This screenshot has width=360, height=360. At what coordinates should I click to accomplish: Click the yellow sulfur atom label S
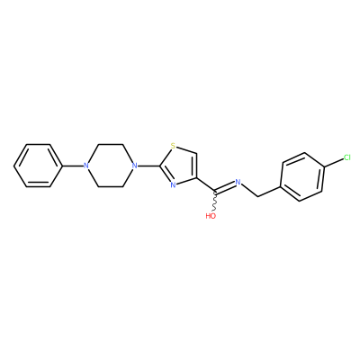pos(173,146)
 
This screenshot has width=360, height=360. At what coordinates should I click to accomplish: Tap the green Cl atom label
pos(347,157)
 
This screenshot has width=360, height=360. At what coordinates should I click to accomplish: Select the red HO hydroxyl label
pos(211,216)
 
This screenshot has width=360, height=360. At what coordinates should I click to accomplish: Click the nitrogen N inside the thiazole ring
pos(173,184)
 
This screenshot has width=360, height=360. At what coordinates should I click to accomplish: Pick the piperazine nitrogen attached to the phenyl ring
pos(86,166)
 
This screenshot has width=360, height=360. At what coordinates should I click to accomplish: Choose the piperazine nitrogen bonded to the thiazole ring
pos(135,166)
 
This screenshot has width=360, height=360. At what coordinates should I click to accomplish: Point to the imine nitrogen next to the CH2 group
pos(238,182)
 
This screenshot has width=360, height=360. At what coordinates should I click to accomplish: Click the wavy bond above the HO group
pos(215,201)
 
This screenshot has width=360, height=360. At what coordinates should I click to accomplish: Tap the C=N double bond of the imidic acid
pos(225,186)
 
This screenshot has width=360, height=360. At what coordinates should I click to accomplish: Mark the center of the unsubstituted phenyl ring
pos(38,166)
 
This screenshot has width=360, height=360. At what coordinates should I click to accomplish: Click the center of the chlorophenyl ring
pos(302,176)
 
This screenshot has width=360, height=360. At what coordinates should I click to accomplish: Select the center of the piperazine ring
pos(111,166)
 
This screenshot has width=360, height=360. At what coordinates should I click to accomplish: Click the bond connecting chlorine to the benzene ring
pos(334,162)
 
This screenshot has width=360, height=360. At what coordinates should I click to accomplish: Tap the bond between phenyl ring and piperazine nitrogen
pos(73,166)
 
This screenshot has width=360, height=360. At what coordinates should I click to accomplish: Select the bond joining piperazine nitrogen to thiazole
pos(148,166)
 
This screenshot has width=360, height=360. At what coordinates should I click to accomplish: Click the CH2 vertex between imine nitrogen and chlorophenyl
pos(257,197)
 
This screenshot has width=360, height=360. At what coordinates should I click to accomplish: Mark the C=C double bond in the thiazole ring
pos(195,166)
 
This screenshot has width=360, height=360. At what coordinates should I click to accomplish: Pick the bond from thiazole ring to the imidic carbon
pos(206,184)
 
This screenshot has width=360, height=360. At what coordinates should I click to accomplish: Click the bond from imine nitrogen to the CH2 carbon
pos(249,191)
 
